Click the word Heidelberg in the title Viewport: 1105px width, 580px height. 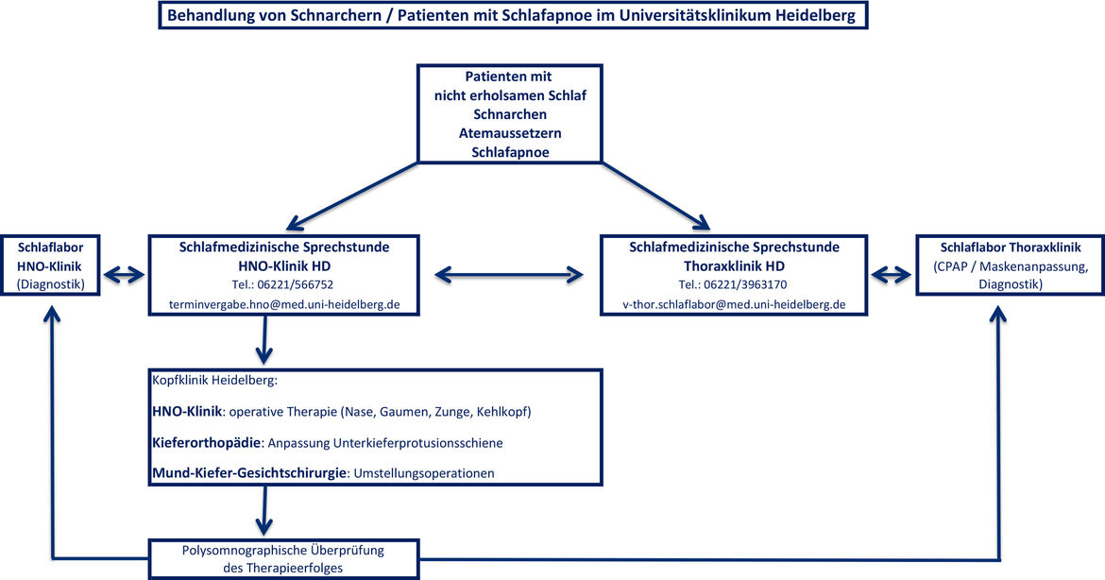[815, 15]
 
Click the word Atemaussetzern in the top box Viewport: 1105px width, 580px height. [509, 133]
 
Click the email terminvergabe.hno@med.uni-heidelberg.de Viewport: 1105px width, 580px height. [284, 304]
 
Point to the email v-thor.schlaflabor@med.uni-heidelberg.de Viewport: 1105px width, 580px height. [734, 304]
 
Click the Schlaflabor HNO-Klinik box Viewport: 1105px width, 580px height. [50, 265]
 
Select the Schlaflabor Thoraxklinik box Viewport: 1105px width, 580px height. [1010, 265]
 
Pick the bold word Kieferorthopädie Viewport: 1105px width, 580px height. [207, 443]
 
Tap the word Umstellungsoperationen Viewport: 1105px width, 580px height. [423, 473]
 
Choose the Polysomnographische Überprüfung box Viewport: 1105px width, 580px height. [284, 559]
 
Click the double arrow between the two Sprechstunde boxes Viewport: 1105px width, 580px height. [509, 275]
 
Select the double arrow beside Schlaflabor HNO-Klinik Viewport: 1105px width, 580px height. [124, 275]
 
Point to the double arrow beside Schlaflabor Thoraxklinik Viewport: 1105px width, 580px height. [892, 275]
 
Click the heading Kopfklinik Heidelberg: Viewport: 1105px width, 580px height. [215, 381]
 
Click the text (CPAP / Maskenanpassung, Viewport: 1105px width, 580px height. [1011, 266]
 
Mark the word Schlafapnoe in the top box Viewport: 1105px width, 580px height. [510, 152]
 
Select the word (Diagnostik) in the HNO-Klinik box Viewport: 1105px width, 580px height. [50, 284]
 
